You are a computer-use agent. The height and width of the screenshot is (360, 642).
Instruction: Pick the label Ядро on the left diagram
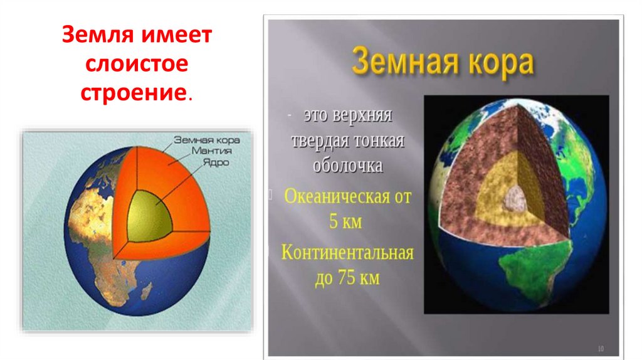215,161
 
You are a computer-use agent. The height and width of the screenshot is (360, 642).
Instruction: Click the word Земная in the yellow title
399,63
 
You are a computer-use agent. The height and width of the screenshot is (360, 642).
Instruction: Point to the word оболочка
347,166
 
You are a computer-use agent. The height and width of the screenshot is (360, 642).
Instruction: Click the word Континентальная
347,253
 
